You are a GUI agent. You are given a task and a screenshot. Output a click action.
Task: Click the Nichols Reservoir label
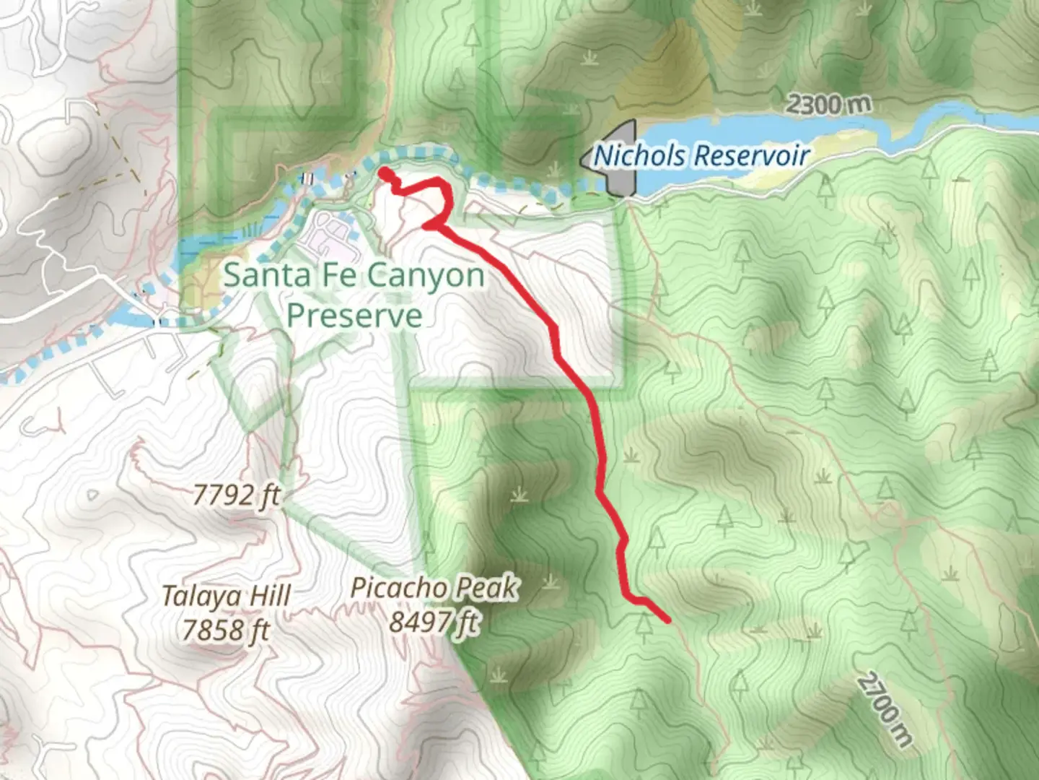click(x=701, y=155)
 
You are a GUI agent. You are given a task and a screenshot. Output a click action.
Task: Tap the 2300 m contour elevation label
click(x=828, y=105)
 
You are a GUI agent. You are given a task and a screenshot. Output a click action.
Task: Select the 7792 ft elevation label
click(x=236, y=495)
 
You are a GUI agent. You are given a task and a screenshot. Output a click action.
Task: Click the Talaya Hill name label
click(x=226, y=597)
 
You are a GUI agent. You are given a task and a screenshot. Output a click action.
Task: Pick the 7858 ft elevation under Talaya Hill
click(x=225, y=630)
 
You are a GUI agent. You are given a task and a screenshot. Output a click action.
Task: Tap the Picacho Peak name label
click(x=434, y=588)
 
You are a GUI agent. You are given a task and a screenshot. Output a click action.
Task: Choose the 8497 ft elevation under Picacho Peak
click(x=434, y=621)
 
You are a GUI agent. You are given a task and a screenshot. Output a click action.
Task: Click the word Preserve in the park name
click(x=354, y=316)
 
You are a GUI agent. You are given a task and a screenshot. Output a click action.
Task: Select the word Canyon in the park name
click(x=426, y=276)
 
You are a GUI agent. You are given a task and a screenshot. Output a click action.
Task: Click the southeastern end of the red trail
click(x=668, y=620)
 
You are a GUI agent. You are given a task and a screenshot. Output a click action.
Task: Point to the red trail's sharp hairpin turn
click(x=428, y=225)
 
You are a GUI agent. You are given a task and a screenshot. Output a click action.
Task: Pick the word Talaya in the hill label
click(x=191, y=597)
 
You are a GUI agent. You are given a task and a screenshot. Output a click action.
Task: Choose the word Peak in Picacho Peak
click(x=491, y=588)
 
